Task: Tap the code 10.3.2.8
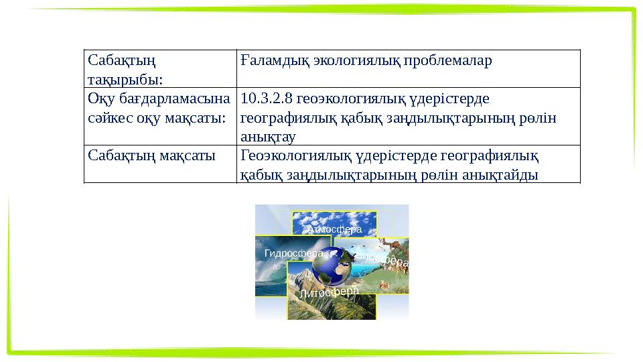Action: click(266, 99)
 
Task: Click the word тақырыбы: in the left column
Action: click(125, 80)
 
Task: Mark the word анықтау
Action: click(268, 137)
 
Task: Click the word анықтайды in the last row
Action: click(504, 175)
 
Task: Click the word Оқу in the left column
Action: click(100, 99)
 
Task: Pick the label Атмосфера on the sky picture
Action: click(334, 229)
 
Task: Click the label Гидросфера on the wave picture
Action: click(294, 253)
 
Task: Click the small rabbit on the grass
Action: click(384, 285)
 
